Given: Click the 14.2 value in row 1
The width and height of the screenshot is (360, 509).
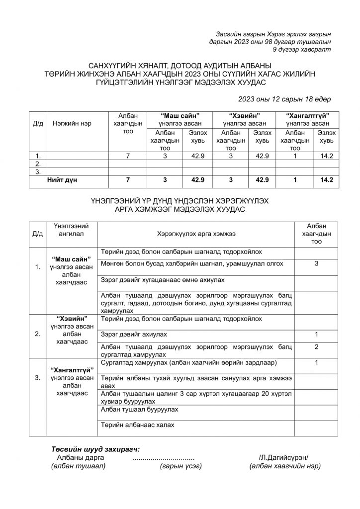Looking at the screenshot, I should tap(327, 156).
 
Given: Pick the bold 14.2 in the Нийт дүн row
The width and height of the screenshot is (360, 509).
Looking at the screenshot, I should tap(327, 179).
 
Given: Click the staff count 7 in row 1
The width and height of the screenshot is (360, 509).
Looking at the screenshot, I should tap(128, 156).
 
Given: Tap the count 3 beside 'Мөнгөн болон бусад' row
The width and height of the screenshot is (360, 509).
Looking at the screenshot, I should tap(316, 263).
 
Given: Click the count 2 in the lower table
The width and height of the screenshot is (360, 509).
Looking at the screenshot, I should tap(316, 346).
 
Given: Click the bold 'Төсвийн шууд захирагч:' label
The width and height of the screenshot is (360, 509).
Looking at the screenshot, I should tap(95, 448).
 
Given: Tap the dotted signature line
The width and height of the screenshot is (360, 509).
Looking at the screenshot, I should tap(164, 457).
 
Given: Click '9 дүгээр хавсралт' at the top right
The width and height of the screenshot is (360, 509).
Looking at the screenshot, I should tap(302, 50).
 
